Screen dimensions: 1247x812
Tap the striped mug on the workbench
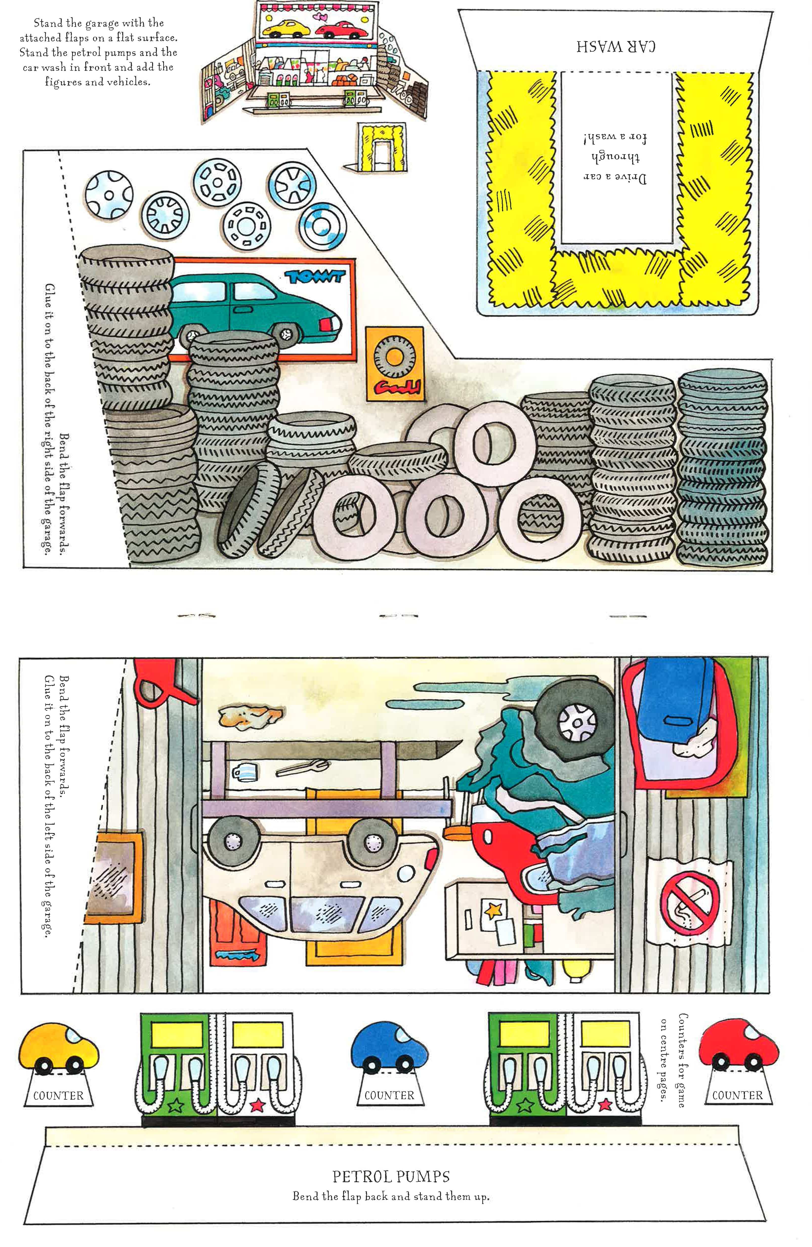coord(244,771)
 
